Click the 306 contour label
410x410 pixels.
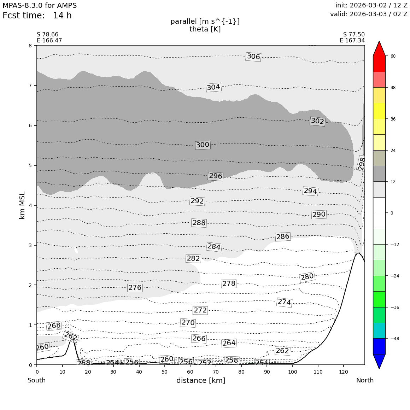(x=253, y=57)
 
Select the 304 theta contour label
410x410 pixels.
(x=213, y=87)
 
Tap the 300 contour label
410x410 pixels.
(x=203, y=145)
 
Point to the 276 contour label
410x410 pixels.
(x=135, y=288)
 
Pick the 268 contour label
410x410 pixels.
(x=54, y=326)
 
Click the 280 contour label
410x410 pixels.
(x=307, y=277)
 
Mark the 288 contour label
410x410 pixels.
(x=199, y=223)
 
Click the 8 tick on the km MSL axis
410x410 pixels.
(x=30, y=46)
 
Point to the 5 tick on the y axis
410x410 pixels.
(x=30, y=165)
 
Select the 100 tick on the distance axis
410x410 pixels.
(x=292, y=372)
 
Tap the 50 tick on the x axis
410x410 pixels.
(x=165, y=372)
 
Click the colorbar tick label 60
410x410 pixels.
(x=393, y=56)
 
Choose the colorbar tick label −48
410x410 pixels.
(x=394, y=339)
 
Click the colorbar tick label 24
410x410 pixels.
(x=393, y=151)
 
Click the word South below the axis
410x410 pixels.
(x=37, y=380)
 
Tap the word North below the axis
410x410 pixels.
(x=365, y=380)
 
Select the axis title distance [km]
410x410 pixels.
(x=201, y=380)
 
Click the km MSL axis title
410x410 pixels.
(x=22, y=205)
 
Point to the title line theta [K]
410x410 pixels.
(x=205, y=29)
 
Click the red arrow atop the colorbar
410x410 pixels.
(x=379, y=49)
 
